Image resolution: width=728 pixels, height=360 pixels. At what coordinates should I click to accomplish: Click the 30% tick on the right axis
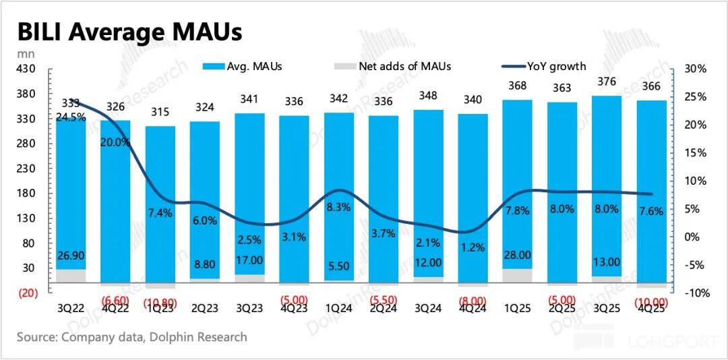pos(694,69)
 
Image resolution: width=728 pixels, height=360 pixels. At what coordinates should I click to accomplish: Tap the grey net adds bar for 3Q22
pos(71,275)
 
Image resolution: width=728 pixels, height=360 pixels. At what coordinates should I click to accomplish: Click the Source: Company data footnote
pos(131,336)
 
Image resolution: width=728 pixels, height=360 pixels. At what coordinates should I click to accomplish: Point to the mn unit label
pos(22,54)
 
